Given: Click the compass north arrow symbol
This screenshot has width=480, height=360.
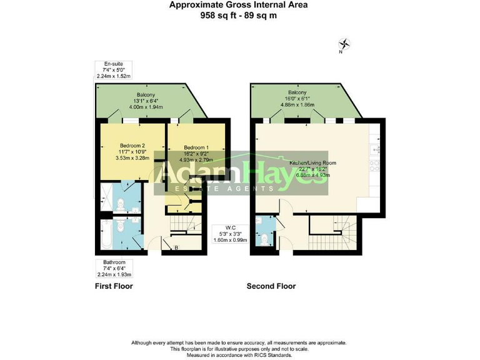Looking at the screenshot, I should [x=344, y=44].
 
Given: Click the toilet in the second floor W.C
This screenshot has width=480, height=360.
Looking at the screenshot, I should [x=266, y=237].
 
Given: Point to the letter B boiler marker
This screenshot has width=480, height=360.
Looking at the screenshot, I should [x=176, y=248].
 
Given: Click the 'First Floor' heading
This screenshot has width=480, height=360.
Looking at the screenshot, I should [x=113, y=286].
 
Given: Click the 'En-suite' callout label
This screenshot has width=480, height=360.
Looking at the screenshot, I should [x=106, y=64].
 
